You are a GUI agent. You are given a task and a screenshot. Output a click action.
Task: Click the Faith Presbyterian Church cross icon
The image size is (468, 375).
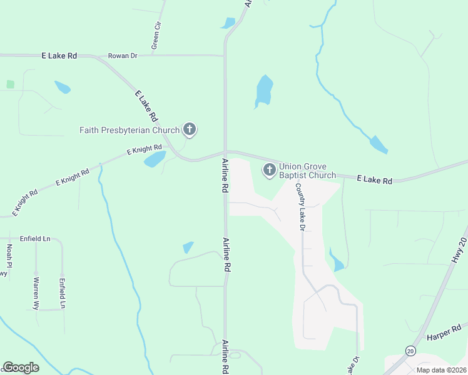pyautogui.click(x=190, y=130)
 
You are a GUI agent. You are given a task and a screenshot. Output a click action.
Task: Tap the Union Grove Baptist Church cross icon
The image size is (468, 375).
pyautogui.click(x=270, y=169)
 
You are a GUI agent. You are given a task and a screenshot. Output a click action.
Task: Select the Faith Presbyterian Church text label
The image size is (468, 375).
pyautogui.click(x=130, y=130)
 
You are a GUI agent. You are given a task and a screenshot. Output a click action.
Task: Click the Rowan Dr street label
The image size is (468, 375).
pyautogui.click(x=123, y=56)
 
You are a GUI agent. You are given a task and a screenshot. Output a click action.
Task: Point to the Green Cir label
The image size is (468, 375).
pyautogui.click(x=156, y=36)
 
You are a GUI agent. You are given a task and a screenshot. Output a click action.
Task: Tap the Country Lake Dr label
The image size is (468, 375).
pyautogui.click(x=300, y=207)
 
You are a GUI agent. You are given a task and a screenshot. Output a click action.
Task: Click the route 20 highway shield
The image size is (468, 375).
pyautogui.click(x=410, y=351)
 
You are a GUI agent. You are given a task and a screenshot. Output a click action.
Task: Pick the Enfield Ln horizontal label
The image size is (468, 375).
pyautogui.click(x=35, y=239)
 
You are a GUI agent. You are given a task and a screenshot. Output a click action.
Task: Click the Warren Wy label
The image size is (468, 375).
pyautogui.click(x=36, y=294)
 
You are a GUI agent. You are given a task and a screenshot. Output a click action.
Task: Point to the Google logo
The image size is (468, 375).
pyautogui.click(x=21, y=367)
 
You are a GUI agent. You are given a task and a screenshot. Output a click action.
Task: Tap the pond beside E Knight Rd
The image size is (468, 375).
pyautogui.click(x=155, y=159)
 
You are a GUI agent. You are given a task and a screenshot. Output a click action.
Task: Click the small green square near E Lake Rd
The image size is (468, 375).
pyautogui.click(x=10, y=84)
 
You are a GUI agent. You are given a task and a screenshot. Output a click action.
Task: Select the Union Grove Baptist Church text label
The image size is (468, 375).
pyautogui.click(x=307, y=171)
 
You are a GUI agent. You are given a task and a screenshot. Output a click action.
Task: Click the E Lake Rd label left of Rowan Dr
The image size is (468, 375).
pyautogui.click(x=59, y=56)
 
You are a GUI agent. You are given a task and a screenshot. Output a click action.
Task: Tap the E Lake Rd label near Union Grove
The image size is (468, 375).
pyautogui.click(x=374, y=180)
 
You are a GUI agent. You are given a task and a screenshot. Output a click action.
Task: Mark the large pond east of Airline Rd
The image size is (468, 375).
pyautogui.click(x=264, y=91)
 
